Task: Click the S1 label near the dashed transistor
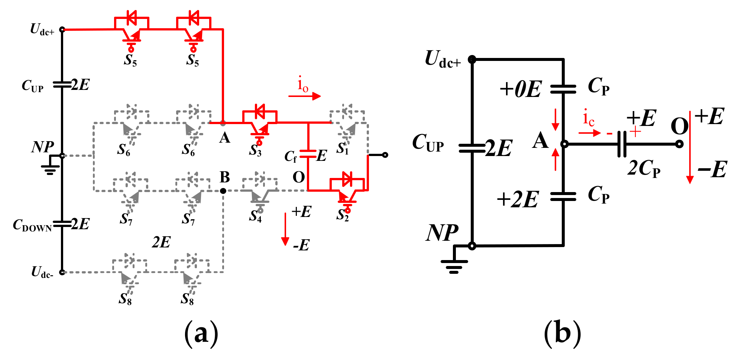pyautogui.click(x=343, y=149)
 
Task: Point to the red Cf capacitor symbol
pyautogui.click(x=308, y=154)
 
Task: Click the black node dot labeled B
pyautogui.click(x=223, y=191)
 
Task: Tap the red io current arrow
pyautogui.click(x=304, y=96)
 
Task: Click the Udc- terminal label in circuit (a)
pyautogui.click(x=42, y=272)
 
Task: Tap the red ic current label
pyautogui.click(x=589, y=118)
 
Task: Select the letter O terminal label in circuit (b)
pyautogui.click(x=679, y=126)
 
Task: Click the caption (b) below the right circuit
pyautogui.click(x=562, y=333)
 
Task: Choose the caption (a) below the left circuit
pyautogui.click(x=201, y=333)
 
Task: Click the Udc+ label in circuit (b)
pyautogui.click(x=442, y=60)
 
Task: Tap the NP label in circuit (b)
pyautogui.click(x=442, y=233)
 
